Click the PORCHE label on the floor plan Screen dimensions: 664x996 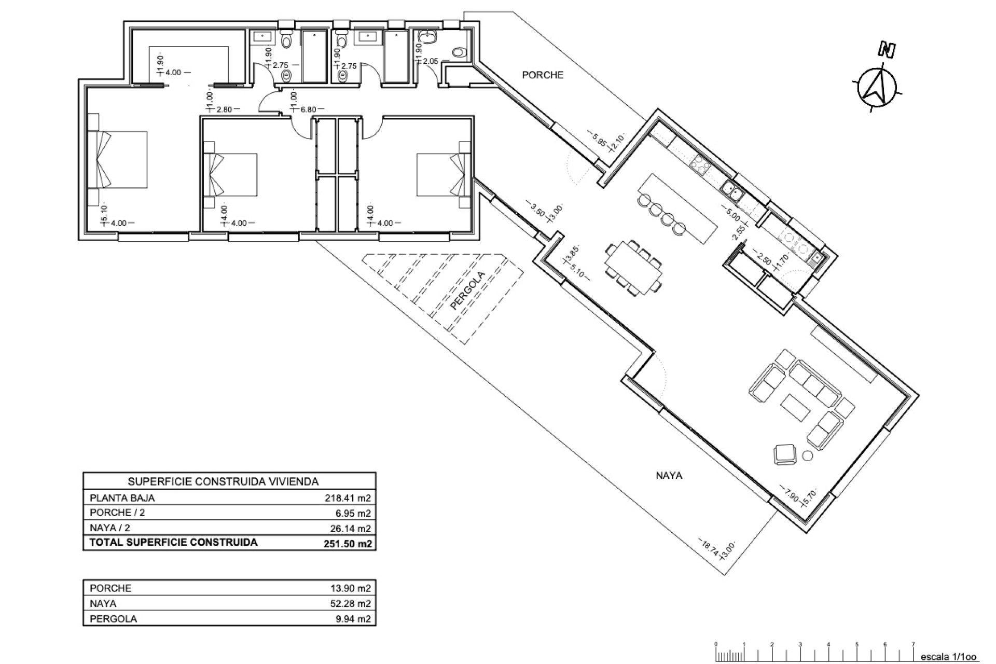click(543, 75)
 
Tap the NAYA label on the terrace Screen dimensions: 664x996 click(669, 475)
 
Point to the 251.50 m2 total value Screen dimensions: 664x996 click(347, 544)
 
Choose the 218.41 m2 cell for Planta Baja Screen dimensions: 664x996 click(347, 498)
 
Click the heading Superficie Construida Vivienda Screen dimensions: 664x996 click(223, 481)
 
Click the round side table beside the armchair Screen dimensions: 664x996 click(808, 456)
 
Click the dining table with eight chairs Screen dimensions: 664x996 click(634, 268)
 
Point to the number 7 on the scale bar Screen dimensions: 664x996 click(913, 645)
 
